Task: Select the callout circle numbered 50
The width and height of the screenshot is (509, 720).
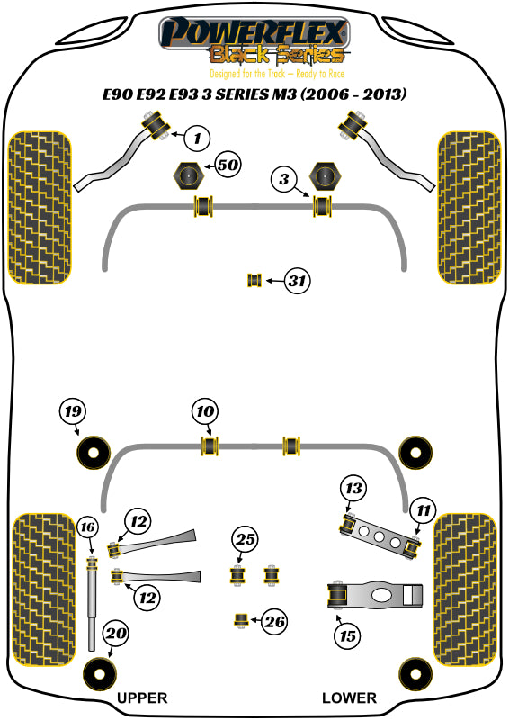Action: (228, 166)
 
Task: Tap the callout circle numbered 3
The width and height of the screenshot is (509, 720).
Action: (284, 180)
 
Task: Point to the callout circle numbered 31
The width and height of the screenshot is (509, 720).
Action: (297, 282)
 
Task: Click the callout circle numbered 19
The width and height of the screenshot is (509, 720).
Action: (73, 412)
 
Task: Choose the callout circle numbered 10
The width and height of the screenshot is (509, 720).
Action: (205, 412)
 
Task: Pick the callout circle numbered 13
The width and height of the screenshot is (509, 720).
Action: (353, 489)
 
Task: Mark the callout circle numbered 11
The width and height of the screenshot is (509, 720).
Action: (421, 512)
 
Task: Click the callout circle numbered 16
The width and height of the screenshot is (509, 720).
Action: (87, 526)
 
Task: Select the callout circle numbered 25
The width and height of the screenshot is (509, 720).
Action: (245, 540)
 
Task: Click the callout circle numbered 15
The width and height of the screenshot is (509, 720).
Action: (346, 636)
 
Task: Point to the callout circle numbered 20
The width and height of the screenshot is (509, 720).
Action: (114, 635)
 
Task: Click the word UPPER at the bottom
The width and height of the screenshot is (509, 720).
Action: (141, 697)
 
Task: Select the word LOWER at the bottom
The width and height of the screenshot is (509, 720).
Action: (350, 697)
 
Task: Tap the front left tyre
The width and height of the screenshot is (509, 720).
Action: (40, 207)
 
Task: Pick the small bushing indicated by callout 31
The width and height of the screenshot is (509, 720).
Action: (254, 282)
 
